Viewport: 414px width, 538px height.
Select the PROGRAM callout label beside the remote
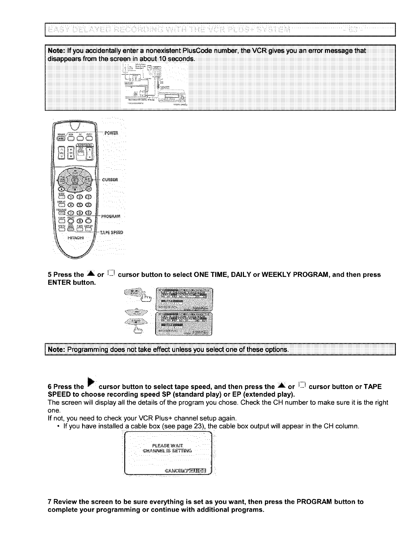(111, 216)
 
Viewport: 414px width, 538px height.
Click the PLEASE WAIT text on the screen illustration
(167, 445)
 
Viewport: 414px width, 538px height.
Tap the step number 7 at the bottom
(50, 502)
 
